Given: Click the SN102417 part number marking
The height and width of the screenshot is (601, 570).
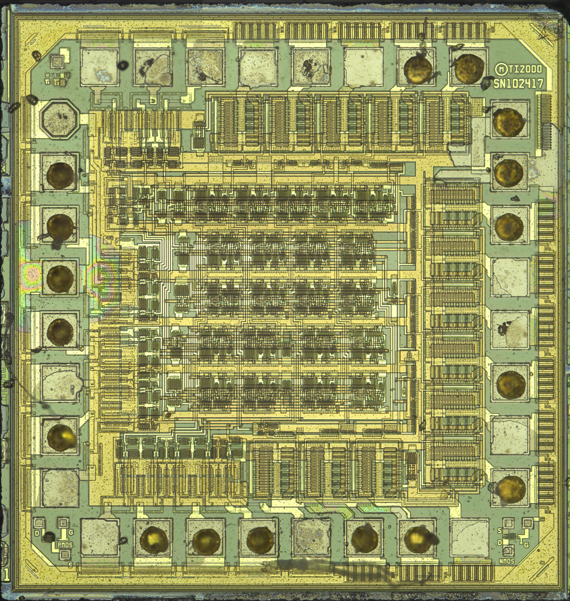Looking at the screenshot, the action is point(518,83).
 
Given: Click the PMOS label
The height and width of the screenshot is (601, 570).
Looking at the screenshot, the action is point(64,545).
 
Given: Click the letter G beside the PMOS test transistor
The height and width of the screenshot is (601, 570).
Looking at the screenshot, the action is point(71,532).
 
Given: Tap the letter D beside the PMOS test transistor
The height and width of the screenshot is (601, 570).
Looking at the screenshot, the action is point(37,533).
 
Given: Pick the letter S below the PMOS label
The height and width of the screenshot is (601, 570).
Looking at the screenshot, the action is point(70,565).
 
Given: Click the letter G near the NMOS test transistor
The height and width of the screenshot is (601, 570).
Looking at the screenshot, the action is point(526,545).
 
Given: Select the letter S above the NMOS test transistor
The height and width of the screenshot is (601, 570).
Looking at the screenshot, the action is point(499,530).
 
